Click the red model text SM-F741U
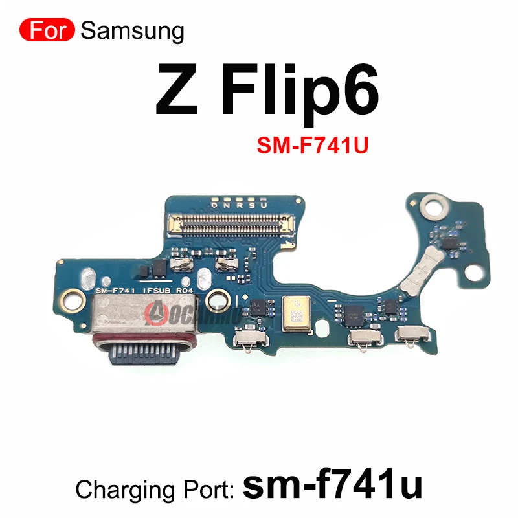pos(312,146)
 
